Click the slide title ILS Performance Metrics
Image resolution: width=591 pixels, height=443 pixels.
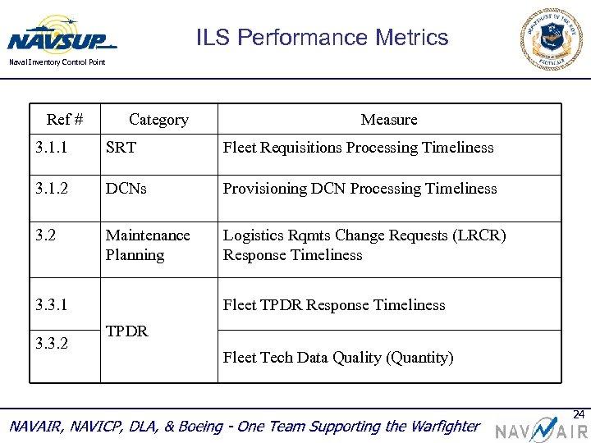pyautogui.click(x=322, y=38)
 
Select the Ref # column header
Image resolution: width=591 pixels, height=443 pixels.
pyautogui.click(x=65, y=120)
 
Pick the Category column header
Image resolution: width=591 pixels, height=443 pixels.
pyautogui.click(x=158, y=120)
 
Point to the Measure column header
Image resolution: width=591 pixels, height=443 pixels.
pyautogui.click(x=389, y=120)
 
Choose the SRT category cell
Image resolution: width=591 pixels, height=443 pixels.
pyautogui.click(x=121, y=148)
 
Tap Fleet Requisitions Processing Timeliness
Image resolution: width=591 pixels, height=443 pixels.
pyautogui.click(x=358, y=148)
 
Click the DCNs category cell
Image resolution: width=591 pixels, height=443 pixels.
pyautogui.click(x=126, y=189)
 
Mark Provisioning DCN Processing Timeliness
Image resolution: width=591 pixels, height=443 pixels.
pyautogui.click(x=360, y=189)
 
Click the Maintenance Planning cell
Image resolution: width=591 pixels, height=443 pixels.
pyautogui.click(x=147, y=245)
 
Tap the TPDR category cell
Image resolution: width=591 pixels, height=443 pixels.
pyautogui.click(x=126, y=331)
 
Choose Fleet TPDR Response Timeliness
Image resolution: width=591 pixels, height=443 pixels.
pyautogui.click(x=334, y=305)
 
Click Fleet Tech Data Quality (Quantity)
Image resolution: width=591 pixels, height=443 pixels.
pyautogui.click(x=338, y=358)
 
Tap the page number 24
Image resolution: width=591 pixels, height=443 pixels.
pyautogui.click(x=578, y=413)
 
